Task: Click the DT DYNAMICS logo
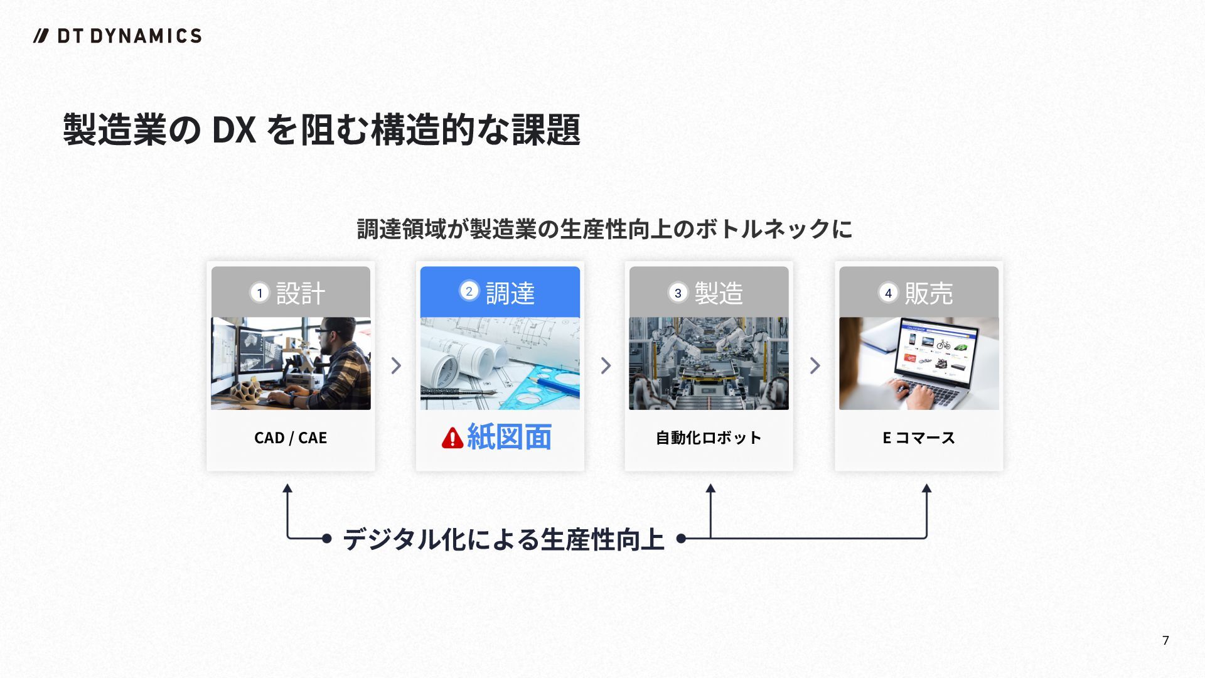117,36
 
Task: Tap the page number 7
1165,640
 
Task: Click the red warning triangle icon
452,438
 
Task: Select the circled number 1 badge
260,293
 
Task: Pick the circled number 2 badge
469,291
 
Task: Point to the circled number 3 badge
678,293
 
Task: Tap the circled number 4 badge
888,293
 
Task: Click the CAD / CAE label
291,438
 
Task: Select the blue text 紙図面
509,437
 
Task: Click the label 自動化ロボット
709,438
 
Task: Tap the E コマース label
919,438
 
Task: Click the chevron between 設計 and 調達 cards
396,365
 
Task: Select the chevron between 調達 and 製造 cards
606,365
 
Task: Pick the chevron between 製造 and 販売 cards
815,365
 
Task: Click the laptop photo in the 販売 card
919,363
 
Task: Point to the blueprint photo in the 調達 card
500,363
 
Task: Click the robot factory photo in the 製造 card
709,363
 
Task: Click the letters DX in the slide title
234,130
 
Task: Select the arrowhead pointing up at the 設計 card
287,488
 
